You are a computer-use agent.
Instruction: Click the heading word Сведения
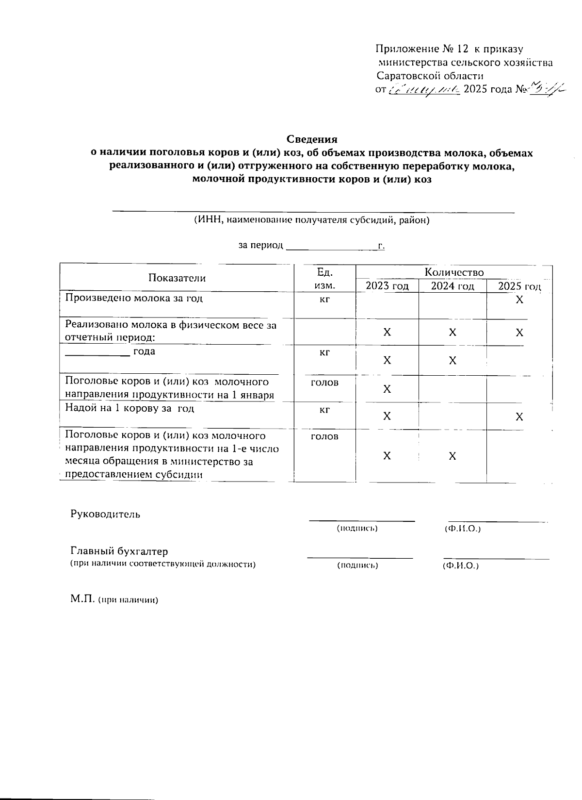pyautogui.click(x=311, y=139)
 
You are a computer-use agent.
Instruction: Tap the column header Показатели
pyautogui.click(x=177, y=278)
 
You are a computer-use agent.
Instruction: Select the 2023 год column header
pyautogui.click(x=387, y=286)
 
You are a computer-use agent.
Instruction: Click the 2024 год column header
pyautogui.click(x=453, y=286)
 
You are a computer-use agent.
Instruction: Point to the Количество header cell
pyautogui.click(x=454, y=272)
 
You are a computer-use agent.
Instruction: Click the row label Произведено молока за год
pyautogui.click(x=134, y=298)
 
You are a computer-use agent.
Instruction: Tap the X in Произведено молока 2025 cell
pyautogui.click(x=519, y=300)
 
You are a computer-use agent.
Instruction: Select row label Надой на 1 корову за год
pyautogui.click(x=129, y=408)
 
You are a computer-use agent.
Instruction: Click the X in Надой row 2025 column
pyautogui.click(x=519, y=417)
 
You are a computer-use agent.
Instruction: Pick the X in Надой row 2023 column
pyautogui.click(x=387, y=417)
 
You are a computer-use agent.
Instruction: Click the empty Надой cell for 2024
pyautogui.click(x=453, y=416)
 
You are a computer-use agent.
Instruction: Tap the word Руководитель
pyautogui.click(x=105, y=514)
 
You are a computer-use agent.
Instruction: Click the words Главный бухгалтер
pyautogui.click(x=119, y=551)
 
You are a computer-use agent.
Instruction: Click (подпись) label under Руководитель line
pyautogui.click(x=357, y=528)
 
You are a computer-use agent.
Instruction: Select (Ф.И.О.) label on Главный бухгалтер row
pyautogui.click(x=461, y=566)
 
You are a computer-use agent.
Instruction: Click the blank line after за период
pyautogui.click(x=332, y=247)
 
